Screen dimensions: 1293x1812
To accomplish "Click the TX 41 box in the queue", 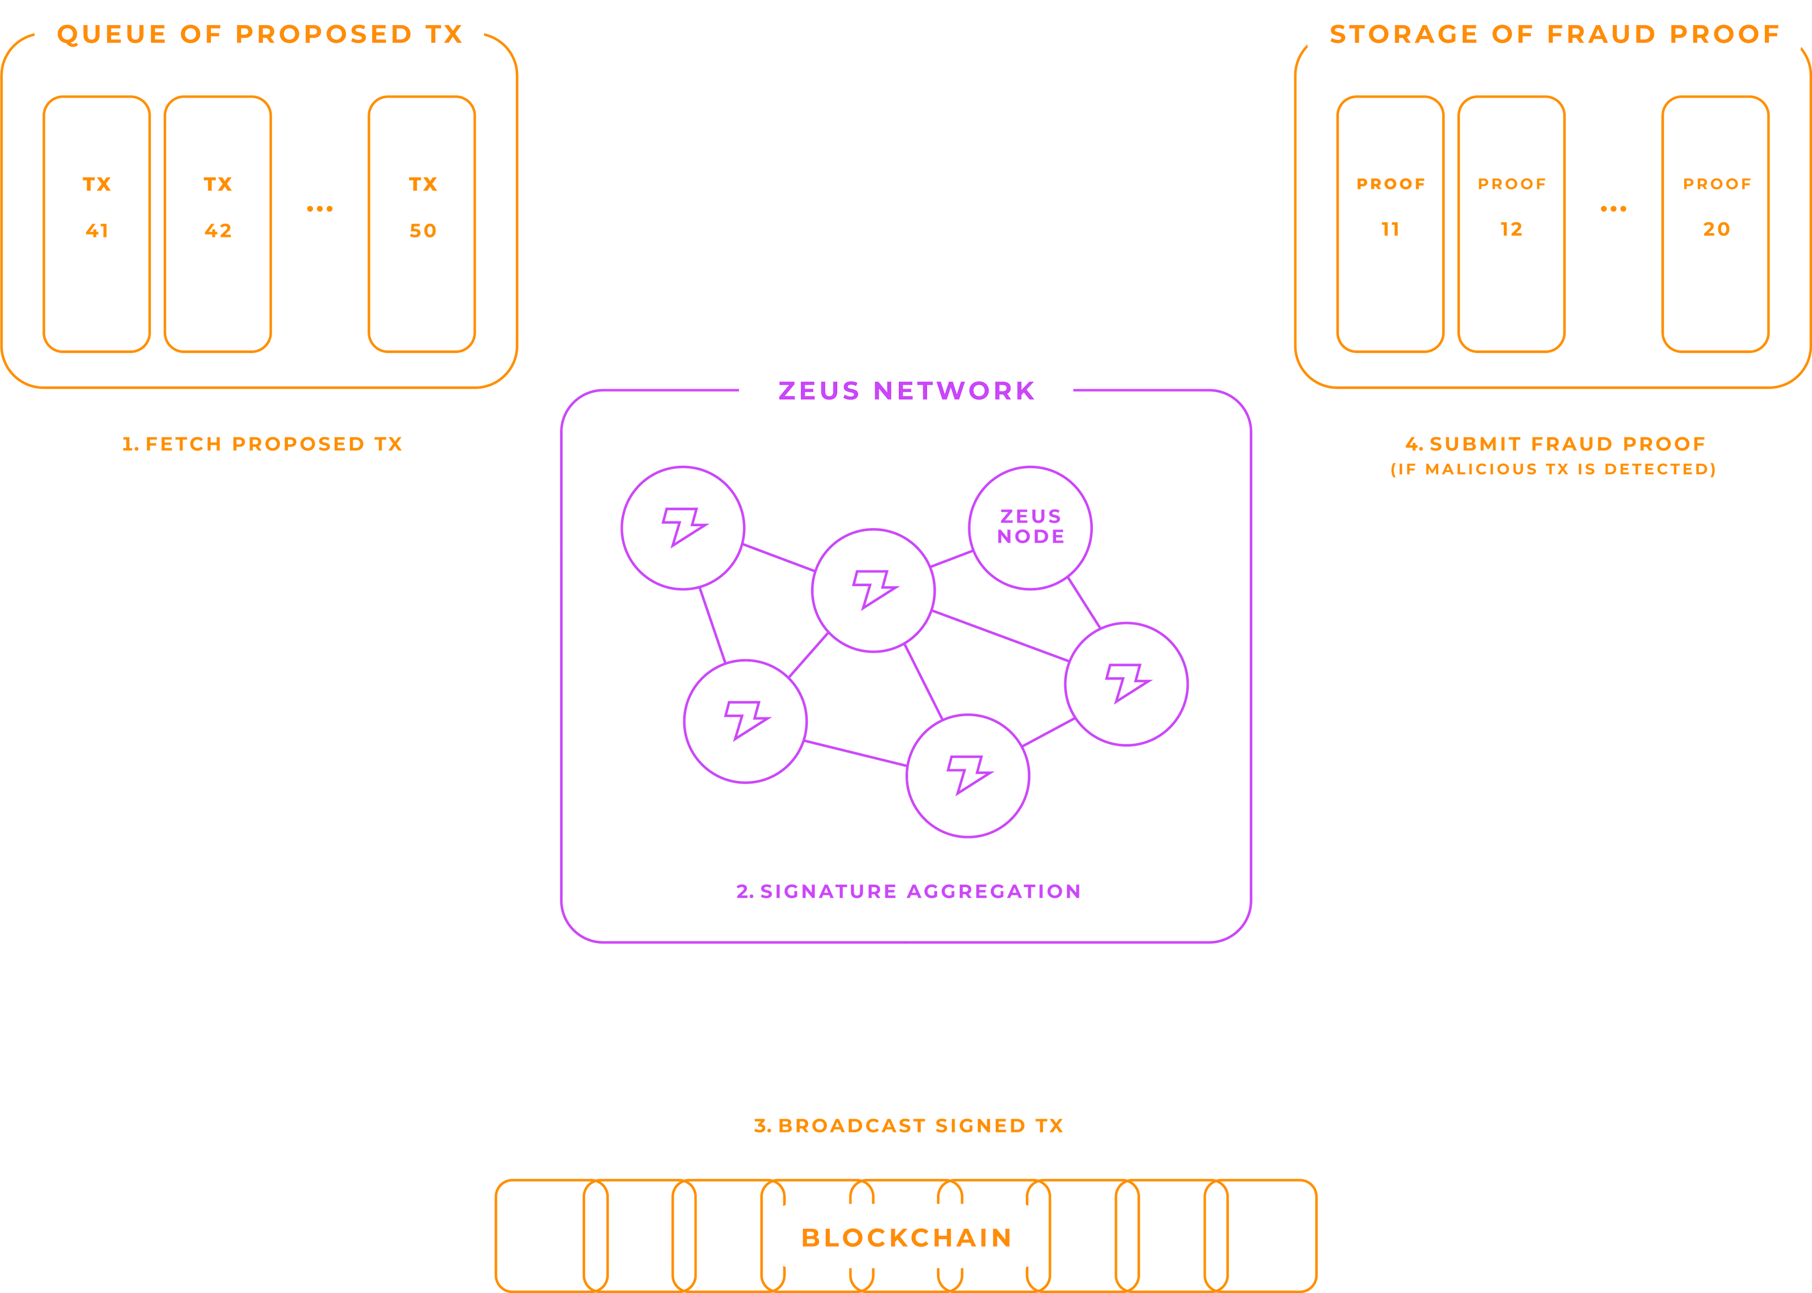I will (96, 224).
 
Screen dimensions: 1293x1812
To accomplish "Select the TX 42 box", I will (218, 224).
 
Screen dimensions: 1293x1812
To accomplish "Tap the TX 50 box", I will (422, 224).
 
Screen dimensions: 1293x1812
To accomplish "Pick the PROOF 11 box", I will (1390, 224).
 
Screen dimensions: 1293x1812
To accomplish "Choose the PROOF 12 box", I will (1511, 224).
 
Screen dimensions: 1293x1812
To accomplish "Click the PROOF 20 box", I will (1716, 224).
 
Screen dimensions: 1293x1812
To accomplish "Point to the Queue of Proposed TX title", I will (260, 34).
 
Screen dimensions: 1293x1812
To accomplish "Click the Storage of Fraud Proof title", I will (1554, 34).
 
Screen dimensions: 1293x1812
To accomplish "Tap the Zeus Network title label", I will (906, 390).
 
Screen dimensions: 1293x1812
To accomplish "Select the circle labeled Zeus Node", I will (1030, 527).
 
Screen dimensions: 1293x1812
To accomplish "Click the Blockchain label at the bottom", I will (906, 1237).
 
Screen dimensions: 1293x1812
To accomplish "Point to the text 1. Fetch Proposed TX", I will (262, 444).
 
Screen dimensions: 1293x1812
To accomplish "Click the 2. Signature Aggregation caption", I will (907, 891).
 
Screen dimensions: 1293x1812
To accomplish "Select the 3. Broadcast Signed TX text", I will (907, 1125).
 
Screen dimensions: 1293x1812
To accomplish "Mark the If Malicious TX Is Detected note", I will (1552, 469).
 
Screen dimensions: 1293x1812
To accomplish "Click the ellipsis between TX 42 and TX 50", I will (319, 209).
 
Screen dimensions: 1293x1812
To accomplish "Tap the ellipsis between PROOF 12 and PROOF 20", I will (1613, 209).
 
